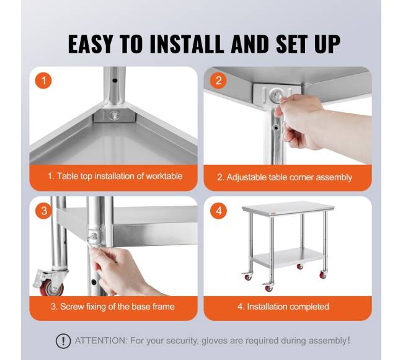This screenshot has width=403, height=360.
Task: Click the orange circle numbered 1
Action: [x=43, y=81]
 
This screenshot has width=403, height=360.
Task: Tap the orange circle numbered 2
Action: [x=218, y=81]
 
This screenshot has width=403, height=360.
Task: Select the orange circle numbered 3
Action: [x=43, y=211]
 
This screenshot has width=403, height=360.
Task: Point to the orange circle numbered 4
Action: [x=218, y=211]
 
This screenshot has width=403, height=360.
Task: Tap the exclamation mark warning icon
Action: [x=63, y=341]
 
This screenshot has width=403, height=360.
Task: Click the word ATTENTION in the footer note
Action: [x=100, y=341]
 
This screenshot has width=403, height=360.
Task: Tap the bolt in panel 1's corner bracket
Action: [x=114, y=115]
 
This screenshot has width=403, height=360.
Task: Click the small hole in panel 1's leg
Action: [x=115, y=81]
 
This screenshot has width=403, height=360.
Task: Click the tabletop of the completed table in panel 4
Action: [x=288, y=208]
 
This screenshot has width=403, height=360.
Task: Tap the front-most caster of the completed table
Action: [x=268, y=288]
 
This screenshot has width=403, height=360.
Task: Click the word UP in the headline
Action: [x=327, y=44]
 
